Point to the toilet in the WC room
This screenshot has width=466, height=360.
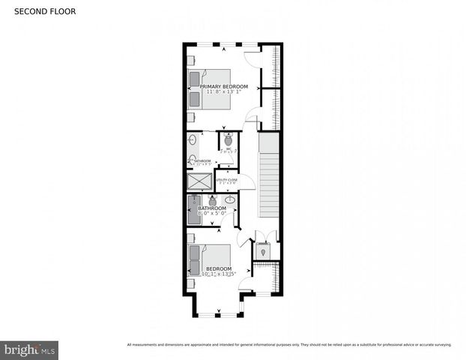[x=229, y=139]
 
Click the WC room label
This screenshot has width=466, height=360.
[x=229, y=149]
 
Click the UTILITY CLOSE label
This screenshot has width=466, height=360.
[x=227, y=180]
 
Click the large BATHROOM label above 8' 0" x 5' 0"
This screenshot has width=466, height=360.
[x=212, y=208]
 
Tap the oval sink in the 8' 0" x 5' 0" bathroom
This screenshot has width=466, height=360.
[x=229, y=201]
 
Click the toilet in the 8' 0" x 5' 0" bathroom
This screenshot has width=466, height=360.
[x=213, y=200]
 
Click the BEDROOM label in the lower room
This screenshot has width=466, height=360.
[x=219, y=268]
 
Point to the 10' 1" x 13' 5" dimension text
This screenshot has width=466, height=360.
[x=219, y=274]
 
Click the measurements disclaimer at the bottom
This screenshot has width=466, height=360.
[x=288, y=345]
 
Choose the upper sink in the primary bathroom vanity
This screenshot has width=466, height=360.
[x=193, y=141]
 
